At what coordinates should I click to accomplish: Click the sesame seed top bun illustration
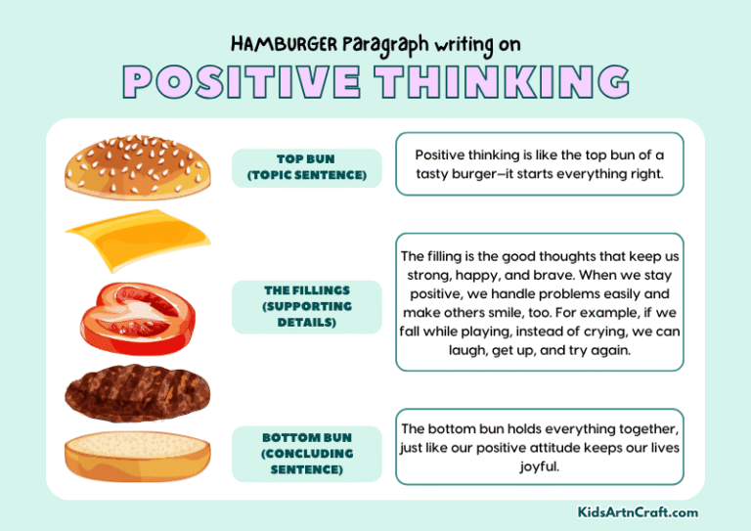[x=138, y=166]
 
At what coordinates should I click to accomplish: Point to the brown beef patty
[x=137, y=392]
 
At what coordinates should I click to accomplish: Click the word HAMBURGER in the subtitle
[x=285, y=44]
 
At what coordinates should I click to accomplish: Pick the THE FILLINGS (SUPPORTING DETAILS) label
[x=307, y=306]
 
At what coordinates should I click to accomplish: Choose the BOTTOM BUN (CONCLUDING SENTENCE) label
[x=307, y=453]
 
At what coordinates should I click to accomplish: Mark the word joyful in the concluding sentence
[x=539, y=466]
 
